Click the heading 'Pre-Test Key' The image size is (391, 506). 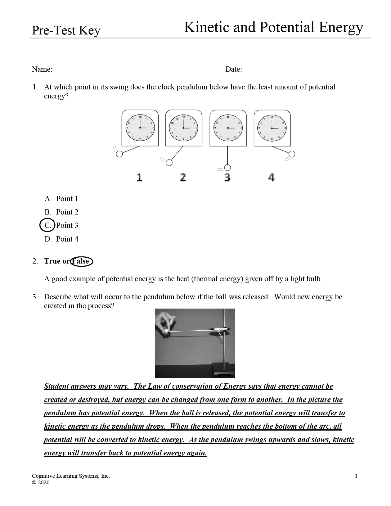point(66,31)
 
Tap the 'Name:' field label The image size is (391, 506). point(42,69)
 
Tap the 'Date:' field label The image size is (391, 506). point(233,69)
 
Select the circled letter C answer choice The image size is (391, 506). point(47,225)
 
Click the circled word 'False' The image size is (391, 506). point(81,261)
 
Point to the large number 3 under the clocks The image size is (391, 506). point(227,177)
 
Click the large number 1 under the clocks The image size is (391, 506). point(139,177)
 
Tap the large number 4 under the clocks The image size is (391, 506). point(271,177)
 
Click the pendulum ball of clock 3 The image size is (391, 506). point(227,168)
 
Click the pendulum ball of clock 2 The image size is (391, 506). point(169,162)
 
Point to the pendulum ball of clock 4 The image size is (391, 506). point(292,154)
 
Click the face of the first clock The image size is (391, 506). point(140,128)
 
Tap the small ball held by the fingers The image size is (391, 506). point(166,331)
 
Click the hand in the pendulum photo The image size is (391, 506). point(166,321)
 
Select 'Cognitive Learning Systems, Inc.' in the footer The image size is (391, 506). point(71,476)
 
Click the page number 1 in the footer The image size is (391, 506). point(356,476)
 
